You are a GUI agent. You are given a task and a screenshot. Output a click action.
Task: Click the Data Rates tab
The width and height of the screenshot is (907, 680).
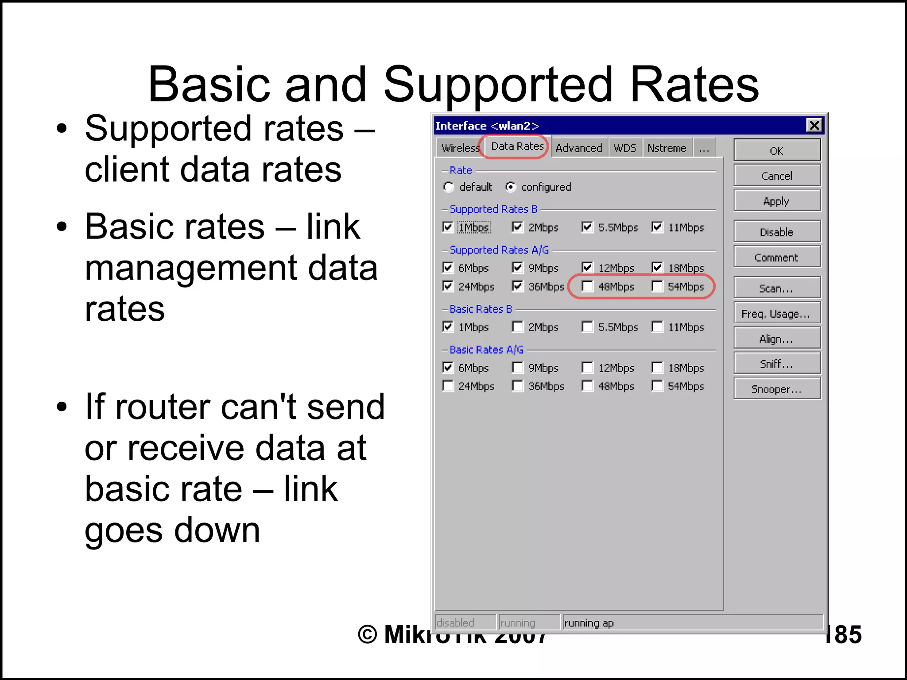[517, 146]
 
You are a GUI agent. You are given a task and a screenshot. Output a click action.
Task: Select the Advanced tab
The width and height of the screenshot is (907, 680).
[578, 148]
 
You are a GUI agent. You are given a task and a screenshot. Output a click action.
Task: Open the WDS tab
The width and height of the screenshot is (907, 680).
[624, 148]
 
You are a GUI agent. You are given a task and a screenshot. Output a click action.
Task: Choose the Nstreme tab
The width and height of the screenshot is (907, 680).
[667, 148]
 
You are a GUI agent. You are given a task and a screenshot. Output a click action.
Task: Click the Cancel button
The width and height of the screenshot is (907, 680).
[776, 176]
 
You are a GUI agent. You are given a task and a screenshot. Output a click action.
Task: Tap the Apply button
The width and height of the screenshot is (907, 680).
[776, 201]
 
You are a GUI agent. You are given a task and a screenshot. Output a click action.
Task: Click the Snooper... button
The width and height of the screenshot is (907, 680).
[776, 389]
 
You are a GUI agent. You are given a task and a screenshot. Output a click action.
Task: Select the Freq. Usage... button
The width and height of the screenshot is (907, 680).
[776, 314]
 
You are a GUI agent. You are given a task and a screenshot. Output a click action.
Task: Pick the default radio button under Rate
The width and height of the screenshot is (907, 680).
[449, 187]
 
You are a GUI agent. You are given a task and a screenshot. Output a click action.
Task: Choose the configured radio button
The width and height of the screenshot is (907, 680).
[511, 187]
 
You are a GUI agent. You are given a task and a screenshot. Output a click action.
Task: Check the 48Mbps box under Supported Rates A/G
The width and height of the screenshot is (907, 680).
[588, 287]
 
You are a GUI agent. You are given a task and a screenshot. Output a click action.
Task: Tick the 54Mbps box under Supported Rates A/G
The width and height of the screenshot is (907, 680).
[658, 287]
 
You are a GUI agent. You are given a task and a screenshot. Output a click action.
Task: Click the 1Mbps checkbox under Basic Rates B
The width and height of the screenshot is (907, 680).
[448, 327]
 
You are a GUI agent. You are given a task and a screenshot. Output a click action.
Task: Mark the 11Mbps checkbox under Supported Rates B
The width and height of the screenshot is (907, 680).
[658, 227]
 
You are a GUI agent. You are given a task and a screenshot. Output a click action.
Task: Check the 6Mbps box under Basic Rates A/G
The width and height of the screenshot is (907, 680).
[448, 368]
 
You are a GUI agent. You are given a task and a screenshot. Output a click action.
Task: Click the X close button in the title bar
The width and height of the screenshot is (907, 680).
[814, 126]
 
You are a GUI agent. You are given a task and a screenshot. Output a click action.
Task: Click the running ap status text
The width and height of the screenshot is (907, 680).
[589, 623]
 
